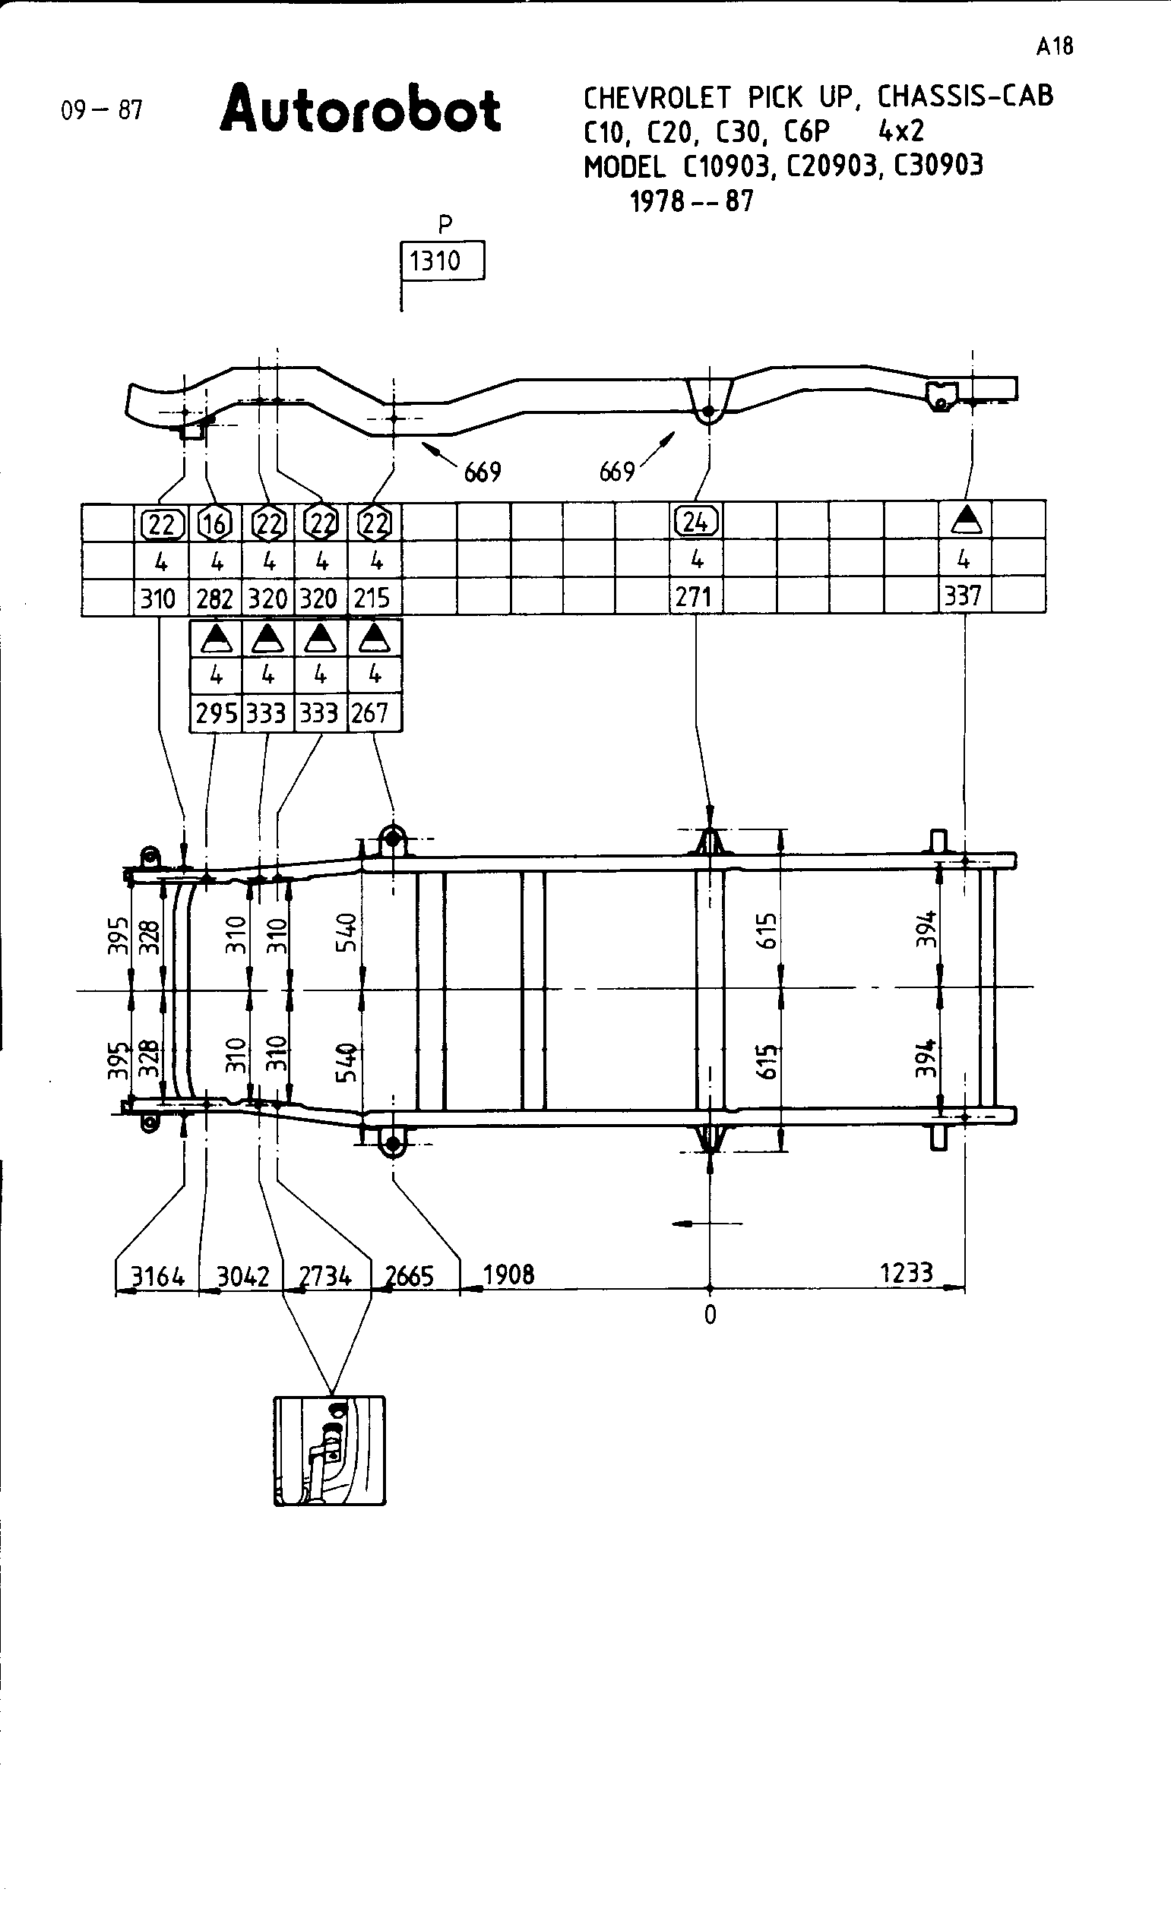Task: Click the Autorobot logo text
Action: pos(360,109)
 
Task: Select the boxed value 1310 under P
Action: pos(441,261)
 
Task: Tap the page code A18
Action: pos(1055,46)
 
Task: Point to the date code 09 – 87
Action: pos(102,110)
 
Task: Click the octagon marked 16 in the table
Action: pos(215,523)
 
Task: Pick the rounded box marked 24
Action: pos(695,522)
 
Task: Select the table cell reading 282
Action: pos(214,599)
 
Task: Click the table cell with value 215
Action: pos(372,599)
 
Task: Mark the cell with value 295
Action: pos(216,713)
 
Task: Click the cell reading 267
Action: pos(371,713)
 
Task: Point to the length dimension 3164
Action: pos(158,1276)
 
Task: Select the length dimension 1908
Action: pos(509,1274)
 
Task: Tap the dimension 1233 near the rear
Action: pos(906,1273)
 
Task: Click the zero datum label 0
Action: pos(710,1315)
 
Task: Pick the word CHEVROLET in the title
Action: pos(657,98)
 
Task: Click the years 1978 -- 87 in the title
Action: pos(691,202)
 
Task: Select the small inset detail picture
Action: pos(330,1450)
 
